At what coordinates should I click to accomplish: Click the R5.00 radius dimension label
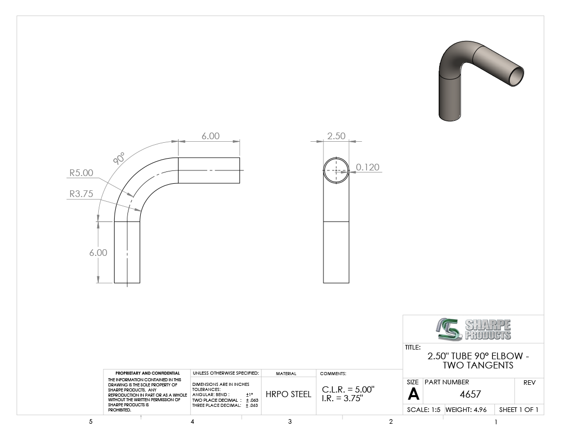coord(81,173)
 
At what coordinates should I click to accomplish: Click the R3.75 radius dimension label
coord(81,194)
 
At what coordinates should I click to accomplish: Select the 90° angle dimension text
coord(119,158)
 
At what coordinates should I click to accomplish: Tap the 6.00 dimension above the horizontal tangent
coord(210,136)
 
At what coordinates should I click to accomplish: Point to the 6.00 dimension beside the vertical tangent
coord(98,253)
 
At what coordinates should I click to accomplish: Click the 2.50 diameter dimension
coord(336,136)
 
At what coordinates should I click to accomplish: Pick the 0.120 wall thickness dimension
coord(367,167)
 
